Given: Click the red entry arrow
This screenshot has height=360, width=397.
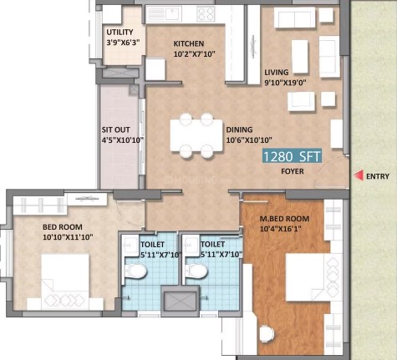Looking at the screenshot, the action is [x=359, y=175].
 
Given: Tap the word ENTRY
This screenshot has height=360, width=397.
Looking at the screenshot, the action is [x=378, y=176].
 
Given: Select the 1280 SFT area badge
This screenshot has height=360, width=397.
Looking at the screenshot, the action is [x=292, y=155].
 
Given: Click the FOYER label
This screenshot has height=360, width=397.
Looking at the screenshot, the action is [x=293, y=171].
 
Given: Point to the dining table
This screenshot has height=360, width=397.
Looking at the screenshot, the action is [x=196, y=135].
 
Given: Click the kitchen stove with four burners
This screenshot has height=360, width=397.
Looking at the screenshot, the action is [x=206, y=14].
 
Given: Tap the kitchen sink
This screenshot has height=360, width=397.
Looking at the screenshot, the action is [x=164, y=14].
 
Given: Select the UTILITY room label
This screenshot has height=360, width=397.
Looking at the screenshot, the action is [x=120, y=33].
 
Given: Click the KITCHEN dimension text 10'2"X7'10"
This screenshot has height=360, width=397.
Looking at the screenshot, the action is [x=195, y=54].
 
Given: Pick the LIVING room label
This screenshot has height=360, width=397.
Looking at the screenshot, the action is [x=277, y=73].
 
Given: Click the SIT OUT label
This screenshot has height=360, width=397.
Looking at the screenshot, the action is [x=115, y=129].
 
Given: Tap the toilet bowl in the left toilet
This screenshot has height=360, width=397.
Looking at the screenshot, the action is [x=135, y=271].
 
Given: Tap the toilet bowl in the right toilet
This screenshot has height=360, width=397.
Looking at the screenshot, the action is [x=196, y=271].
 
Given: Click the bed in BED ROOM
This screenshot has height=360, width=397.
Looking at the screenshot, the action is [x=65, y=281].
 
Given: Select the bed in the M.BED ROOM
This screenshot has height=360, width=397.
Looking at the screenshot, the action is [x=314, y=276].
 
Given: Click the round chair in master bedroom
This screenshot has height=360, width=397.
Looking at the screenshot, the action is [x=267, y=333].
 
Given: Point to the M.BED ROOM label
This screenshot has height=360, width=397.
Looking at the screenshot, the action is [x=284, y=219].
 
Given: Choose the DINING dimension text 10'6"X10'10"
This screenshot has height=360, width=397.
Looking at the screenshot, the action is [x=249, y=140].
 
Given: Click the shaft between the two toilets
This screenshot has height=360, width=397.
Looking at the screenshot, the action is [x=181, y=301].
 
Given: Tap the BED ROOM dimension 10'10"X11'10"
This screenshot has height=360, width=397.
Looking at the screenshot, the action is [x=68, y=237].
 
